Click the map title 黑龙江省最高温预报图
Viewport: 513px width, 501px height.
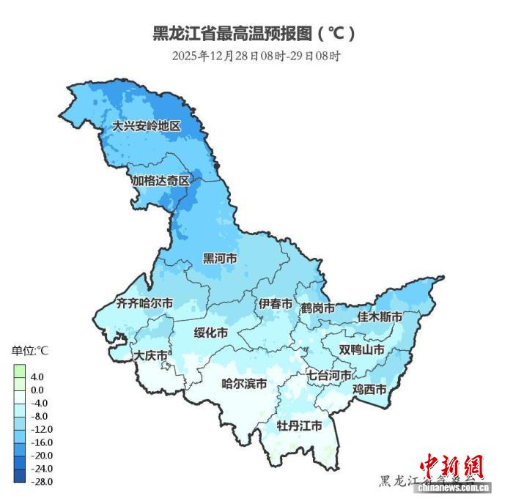(254, 33)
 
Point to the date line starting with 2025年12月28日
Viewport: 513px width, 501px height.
(256, 56)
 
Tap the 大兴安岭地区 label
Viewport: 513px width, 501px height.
(145, 125)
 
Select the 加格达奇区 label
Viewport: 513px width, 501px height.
(160, 180)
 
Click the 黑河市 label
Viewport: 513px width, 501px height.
(220, 259)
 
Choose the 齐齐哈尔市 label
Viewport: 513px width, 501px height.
(145, 303)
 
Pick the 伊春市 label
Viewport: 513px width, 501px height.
(276, 303)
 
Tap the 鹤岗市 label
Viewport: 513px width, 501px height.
(317, 308)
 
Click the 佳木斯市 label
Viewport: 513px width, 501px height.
(380, 317)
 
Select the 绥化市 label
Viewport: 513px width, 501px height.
(210, 333)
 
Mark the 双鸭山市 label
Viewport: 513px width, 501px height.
(362, 350)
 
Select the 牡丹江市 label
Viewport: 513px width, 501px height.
(299, 426)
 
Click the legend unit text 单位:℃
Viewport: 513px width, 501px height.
(29, 350)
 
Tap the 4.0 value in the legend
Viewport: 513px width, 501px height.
(37, 376)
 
